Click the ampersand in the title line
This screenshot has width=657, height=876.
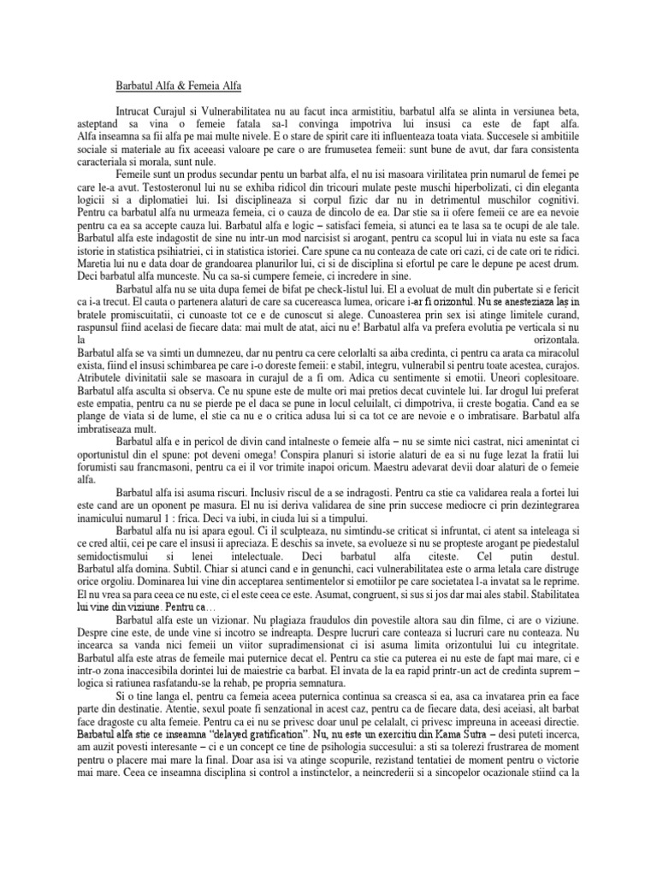point(190,86)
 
